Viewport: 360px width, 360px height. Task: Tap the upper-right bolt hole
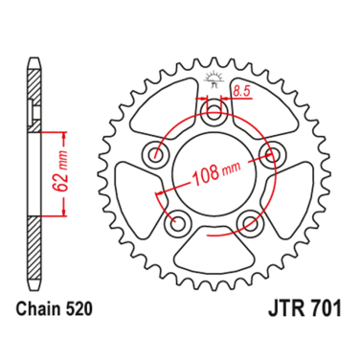[x=273, y=155]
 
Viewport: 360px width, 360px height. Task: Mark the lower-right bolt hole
[x=251, y=223]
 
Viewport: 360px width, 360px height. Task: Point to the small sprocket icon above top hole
[x=214, y=79]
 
